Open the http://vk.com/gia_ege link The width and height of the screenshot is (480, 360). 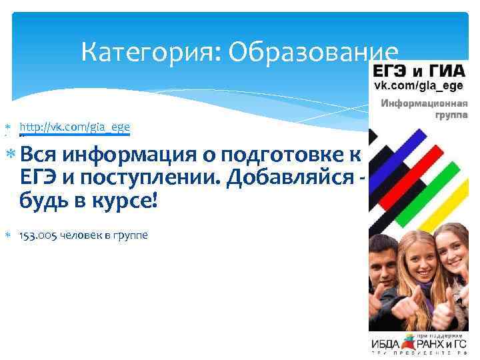click(75, 126)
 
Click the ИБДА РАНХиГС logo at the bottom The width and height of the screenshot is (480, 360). click(420, 343)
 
